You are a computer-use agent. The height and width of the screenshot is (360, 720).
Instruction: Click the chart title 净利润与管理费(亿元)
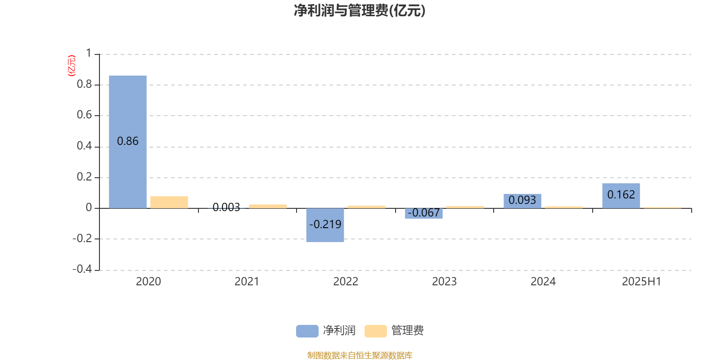[360, 11]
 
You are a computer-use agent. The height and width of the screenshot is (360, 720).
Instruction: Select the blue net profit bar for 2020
[128, 142]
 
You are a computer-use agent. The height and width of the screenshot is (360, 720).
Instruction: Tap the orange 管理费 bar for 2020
[169, 202]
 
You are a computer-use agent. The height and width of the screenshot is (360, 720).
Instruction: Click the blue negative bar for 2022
[325, 225]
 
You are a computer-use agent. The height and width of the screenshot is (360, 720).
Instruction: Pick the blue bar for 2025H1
[621, 196]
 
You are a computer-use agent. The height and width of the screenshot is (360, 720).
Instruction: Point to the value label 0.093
[522, 200]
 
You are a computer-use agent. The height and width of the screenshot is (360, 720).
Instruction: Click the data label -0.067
[423, 213]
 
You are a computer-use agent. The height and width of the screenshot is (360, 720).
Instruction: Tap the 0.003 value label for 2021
[226, 207]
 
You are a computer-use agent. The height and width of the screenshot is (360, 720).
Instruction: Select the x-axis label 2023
[444, 282]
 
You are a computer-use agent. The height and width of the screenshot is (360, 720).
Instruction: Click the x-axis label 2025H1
[642, 282]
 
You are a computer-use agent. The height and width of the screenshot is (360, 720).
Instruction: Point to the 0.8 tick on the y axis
[84, 84]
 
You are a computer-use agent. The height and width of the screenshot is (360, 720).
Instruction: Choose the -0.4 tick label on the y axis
[82, 269]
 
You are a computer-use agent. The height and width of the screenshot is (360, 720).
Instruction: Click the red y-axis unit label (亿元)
[72, 66]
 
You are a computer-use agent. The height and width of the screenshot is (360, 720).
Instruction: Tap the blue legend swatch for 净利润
[307, 331]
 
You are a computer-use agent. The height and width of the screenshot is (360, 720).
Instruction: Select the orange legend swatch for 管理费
[375, 331]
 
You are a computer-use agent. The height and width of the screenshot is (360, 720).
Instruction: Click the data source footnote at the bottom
[360, 355]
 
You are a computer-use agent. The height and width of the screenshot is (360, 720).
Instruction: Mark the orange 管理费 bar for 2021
[268, 207]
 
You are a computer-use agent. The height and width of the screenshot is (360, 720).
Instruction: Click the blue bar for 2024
[522, 201]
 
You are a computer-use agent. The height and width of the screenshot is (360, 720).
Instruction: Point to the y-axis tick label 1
[89, 53]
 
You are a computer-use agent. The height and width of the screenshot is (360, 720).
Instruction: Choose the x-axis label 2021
[247, 282]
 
